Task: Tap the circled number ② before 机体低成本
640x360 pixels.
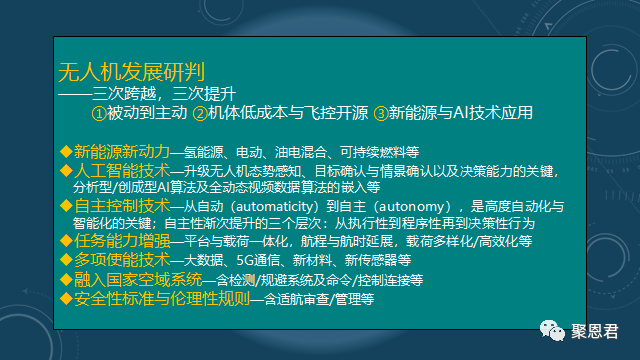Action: coord(200,113)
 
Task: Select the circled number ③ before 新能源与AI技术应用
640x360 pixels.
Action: coord(380,113)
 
